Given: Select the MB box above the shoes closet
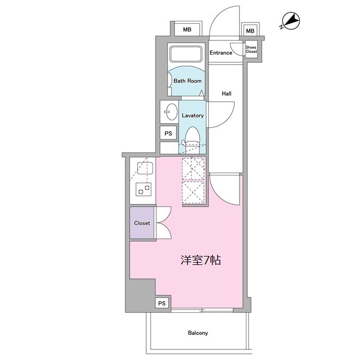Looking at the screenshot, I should click(x=250, y=31).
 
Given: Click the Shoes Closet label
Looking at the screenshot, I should click(x=251, y=49).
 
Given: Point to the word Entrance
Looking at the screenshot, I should click(x=221, y=53).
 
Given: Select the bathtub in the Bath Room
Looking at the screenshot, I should click(x=186, y=55).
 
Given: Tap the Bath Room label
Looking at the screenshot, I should click(x=187, y=81).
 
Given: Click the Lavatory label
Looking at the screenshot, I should click(x=192, y=115).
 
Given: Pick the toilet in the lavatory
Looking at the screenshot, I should click(x=192, y=135).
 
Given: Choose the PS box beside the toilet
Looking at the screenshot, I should click(x=168, y=133).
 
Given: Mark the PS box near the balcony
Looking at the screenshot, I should click(x=162, y=303).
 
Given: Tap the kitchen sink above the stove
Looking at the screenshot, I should click(x=142, y=167).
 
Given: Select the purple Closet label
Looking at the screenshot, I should click(x=142, y=223).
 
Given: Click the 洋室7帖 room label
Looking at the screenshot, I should click(x=200, y=261).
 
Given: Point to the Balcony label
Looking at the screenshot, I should click(x=198, y=333).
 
